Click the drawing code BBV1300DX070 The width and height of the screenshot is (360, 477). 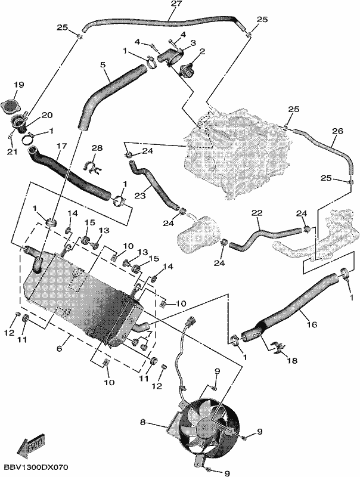pos(36,467)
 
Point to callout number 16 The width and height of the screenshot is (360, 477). pos(312,324)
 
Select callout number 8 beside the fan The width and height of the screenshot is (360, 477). pos(143,422)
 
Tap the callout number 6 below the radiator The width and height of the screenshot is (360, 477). pos(59,348)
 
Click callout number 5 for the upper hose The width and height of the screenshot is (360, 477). pos(103,65)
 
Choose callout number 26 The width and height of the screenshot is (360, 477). pos(337,131)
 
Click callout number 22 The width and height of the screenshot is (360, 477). pos(257,213)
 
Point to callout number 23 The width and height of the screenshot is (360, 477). pos(139,195)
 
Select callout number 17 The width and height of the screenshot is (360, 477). pos(61,146)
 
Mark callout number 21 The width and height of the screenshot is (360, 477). pos(13,151)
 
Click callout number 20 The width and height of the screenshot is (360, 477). pos(47,115)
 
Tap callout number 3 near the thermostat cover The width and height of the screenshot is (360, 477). pos(193,43)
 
